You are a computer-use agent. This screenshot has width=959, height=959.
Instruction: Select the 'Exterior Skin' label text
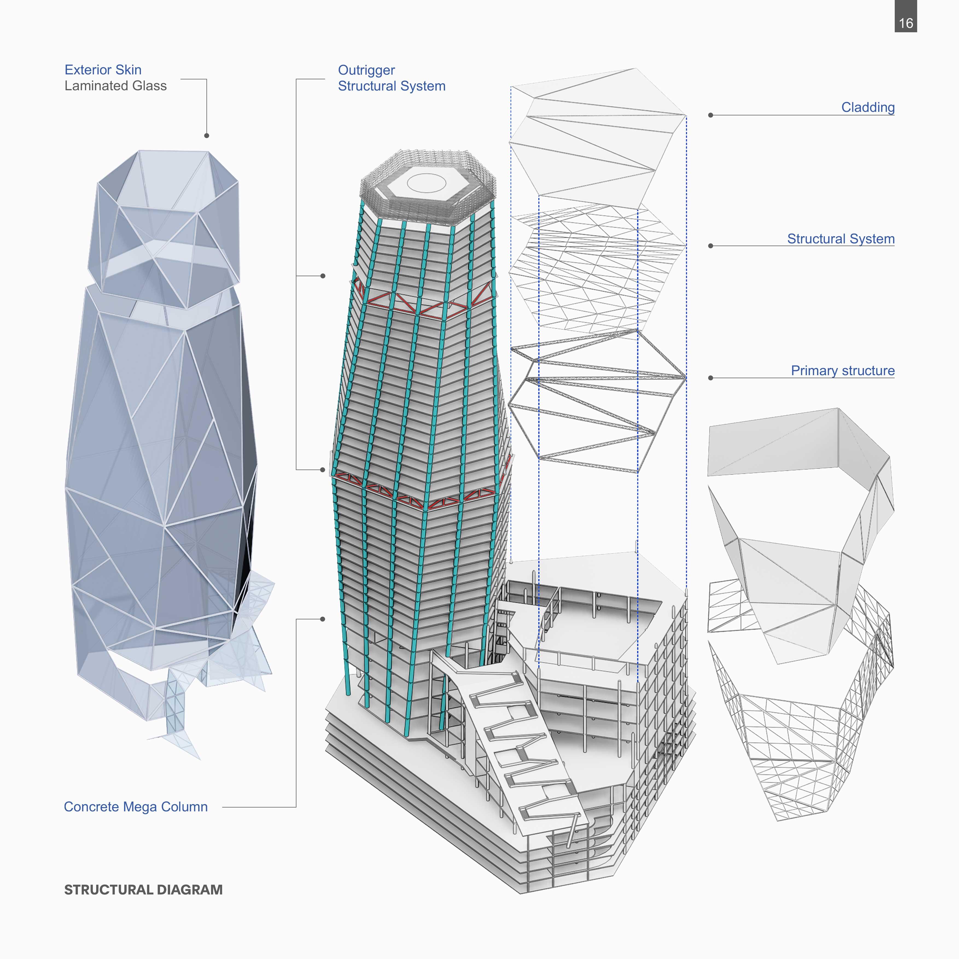pyautogui.click(x=103, y=69)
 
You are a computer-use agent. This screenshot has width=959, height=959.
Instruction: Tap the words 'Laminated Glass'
pyautogui.click(x=115, y=86)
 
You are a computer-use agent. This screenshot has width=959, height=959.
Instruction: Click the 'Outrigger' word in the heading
pyautogui.click(x=366, y=70)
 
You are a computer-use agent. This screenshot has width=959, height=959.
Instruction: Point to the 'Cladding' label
pyautogui.click(x=868, y=107)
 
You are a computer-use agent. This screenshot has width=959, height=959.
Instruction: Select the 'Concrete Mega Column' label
pyautogui.click(x=136, y=807)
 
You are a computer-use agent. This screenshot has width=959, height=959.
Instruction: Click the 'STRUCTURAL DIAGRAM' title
pyautogui.click(x=144, y=890)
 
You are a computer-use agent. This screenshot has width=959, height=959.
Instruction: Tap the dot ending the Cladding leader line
pyautogui.click(x=711, y=115)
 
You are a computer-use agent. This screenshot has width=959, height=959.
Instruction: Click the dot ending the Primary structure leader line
pyautogui.click(x=711, y=378)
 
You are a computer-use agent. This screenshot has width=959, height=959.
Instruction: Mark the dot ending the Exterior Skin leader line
pyautogui.click(x=206, y=136)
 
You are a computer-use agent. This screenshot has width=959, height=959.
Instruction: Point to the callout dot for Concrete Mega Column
pyautogui.click(x=323, y=619)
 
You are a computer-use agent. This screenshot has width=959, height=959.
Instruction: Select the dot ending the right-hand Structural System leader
pyautogui.click(x=711, y=246)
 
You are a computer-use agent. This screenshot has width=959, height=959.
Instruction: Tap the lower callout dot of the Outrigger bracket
pyautogui.click(x=323, y=470)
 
